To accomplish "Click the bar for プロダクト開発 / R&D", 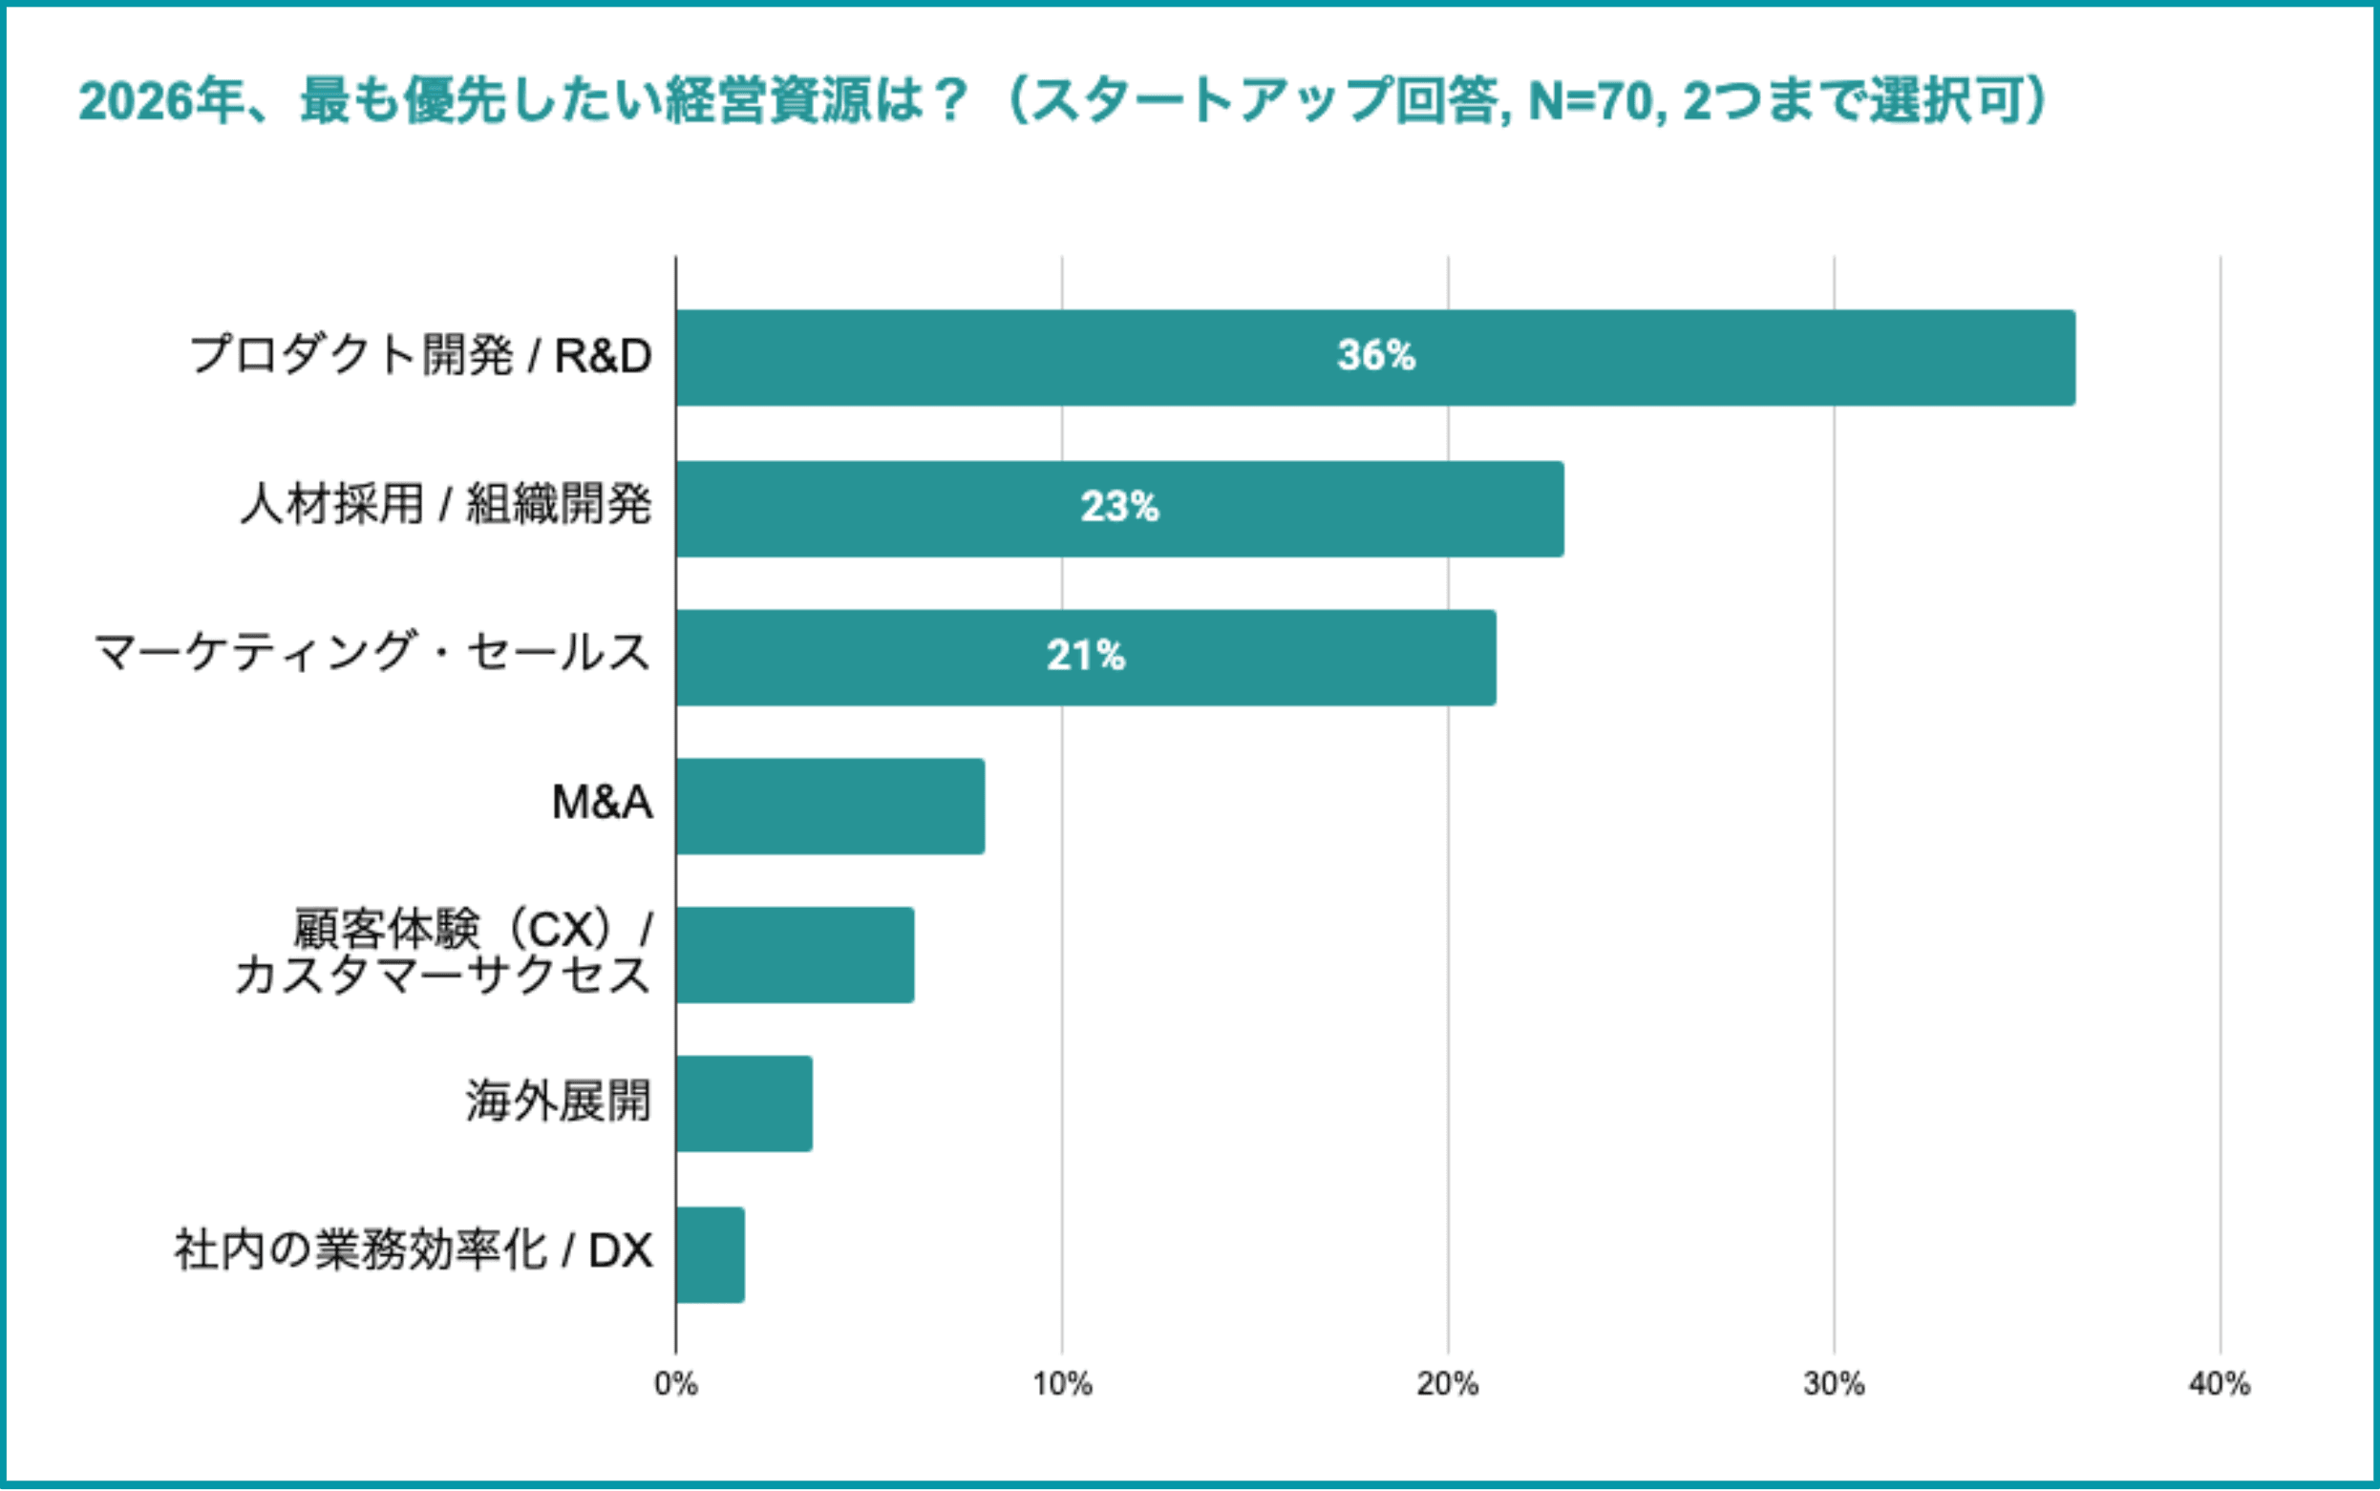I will [x=1375, y=357].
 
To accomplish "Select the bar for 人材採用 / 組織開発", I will [x=1119, y=509].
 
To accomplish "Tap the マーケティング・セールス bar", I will [x=1086, y=657].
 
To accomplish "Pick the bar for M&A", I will [x=831, y=806].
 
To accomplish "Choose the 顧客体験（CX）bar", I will [x=795, y=955].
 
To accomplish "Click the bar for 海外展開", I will [x=745, y=1103].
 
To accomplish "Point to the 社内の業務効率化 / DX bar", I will [x=711, y=1254].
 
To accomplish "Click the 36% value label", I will [x=1376, y=355].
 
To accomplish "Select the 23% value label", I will [x=1119, y=507].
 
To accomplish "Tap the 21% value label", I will [x=1086, y=656].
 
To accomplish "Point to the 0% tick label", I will [x=675, y=1384].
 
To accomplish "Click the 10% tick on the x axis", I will [x=1062, y=1384].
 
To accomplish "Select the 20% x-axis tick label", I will [x=1448, y=1384].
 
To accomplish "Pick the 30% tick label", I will [x=1835, y=1384].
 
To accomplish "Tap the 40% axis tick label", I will [x=2221, y=1384].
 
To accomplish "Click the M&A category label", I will [x=602, y=803].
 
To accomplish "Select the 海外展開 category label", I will [x=559, y=1102].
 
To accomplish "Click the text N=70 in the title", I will [x=1590, y=101].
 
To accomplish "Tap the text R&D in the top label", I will [x=603, y=356].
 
